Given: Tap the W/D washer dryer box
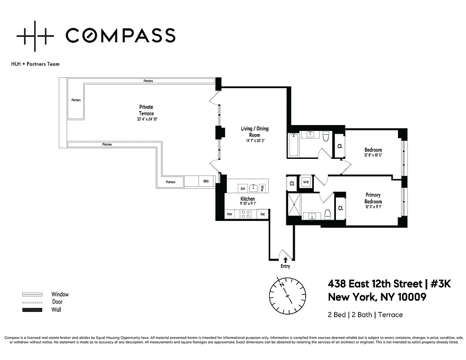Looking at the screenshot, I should click(306, 182).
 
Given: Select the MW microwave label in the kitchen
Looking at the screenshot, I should click(229, 215).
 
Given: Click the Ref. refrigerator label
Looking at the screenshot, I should click(262, 215).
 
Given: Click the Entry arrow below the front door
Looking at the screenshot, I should click(285, 260).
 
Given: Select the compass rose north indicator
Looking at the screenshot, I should click(281, 284).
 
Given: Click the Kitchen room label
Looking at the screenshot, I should click(247, 199).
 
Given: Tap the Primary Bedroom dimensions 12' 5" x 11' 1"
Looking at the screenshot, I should click(373, 207).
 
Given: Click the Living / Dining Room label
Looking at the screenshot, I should click(254, 131).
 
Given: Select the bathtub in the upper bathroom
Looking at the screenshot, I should click(293, 144).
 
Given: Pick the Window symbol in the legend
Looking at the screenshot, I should click(32, 294).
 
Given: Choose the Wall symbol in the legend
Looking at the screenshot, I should click(32, 310).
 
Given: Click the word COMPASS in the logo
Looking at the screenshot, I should click(120, 35).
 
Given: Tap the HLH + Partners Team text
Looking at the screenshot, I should click(35, 64).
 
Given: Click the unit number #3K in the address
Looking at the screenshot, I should click(438, 284).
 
